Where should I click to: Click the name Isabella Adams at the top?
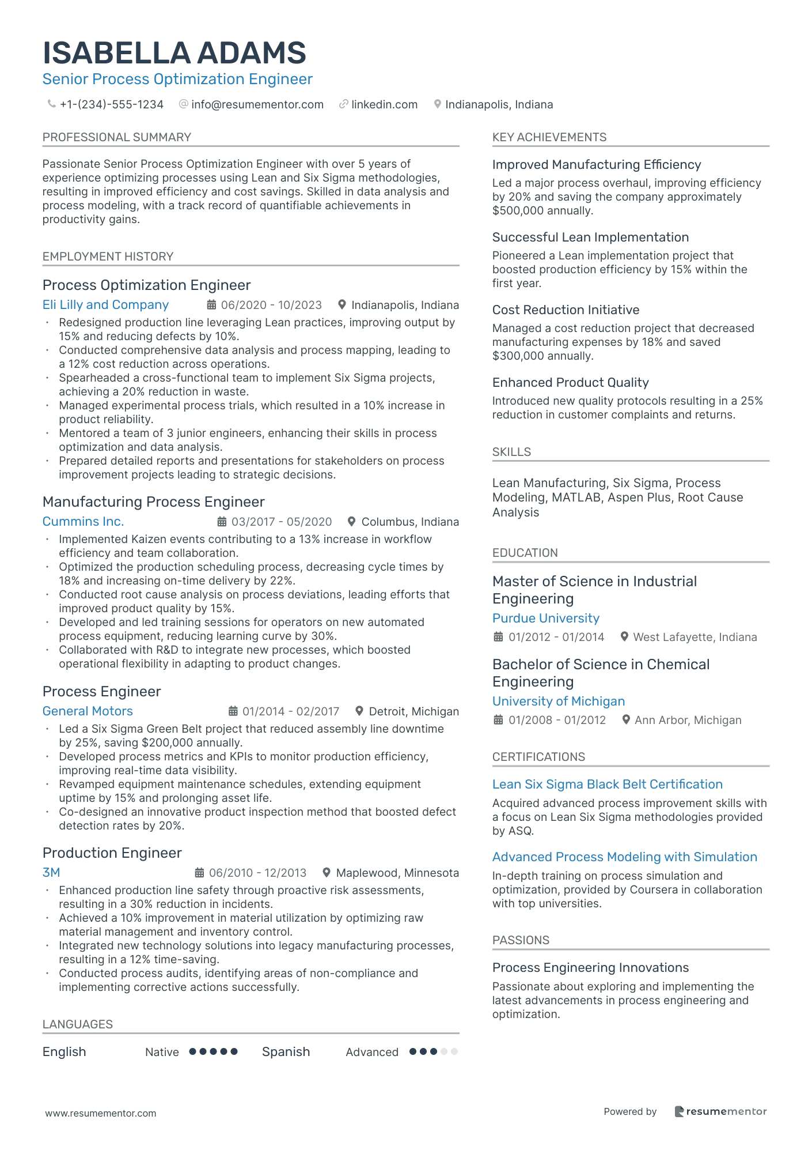point(174,53)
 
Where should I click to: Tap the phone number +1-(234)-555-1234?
point(111,104)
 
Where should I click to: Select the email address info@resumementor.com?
point(257,104)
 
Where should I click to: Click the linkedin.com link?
point(384,104)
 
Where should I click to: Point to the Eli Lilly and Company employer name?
point(105,305)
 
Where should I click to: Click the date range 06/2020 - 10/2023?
point(271,305)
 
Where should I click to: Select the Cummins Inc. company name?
point(83,522)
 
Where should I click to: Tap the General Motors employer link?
point(88,711)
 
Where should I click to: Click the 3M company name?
point(51,873)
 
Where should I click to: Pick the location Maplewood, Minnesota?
point(397,873)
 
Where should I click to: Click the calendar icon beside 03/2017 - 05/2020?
point(222,522)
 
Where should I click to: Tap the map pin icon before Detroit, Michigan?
point(359,711)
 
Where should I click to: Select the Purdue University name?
point(545,619)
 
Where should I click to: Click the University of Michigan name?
point(558,702)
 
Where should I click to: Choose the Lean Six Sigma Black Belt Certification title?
point(607,785)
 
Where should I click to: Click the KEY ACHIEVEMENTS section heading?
point(549,137)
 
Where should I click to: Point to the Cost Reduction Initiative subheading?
point(566,310)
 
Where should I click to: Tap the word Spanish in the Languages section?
point(286,1052)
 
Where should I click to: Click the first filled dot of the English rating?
point(193,1051)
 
